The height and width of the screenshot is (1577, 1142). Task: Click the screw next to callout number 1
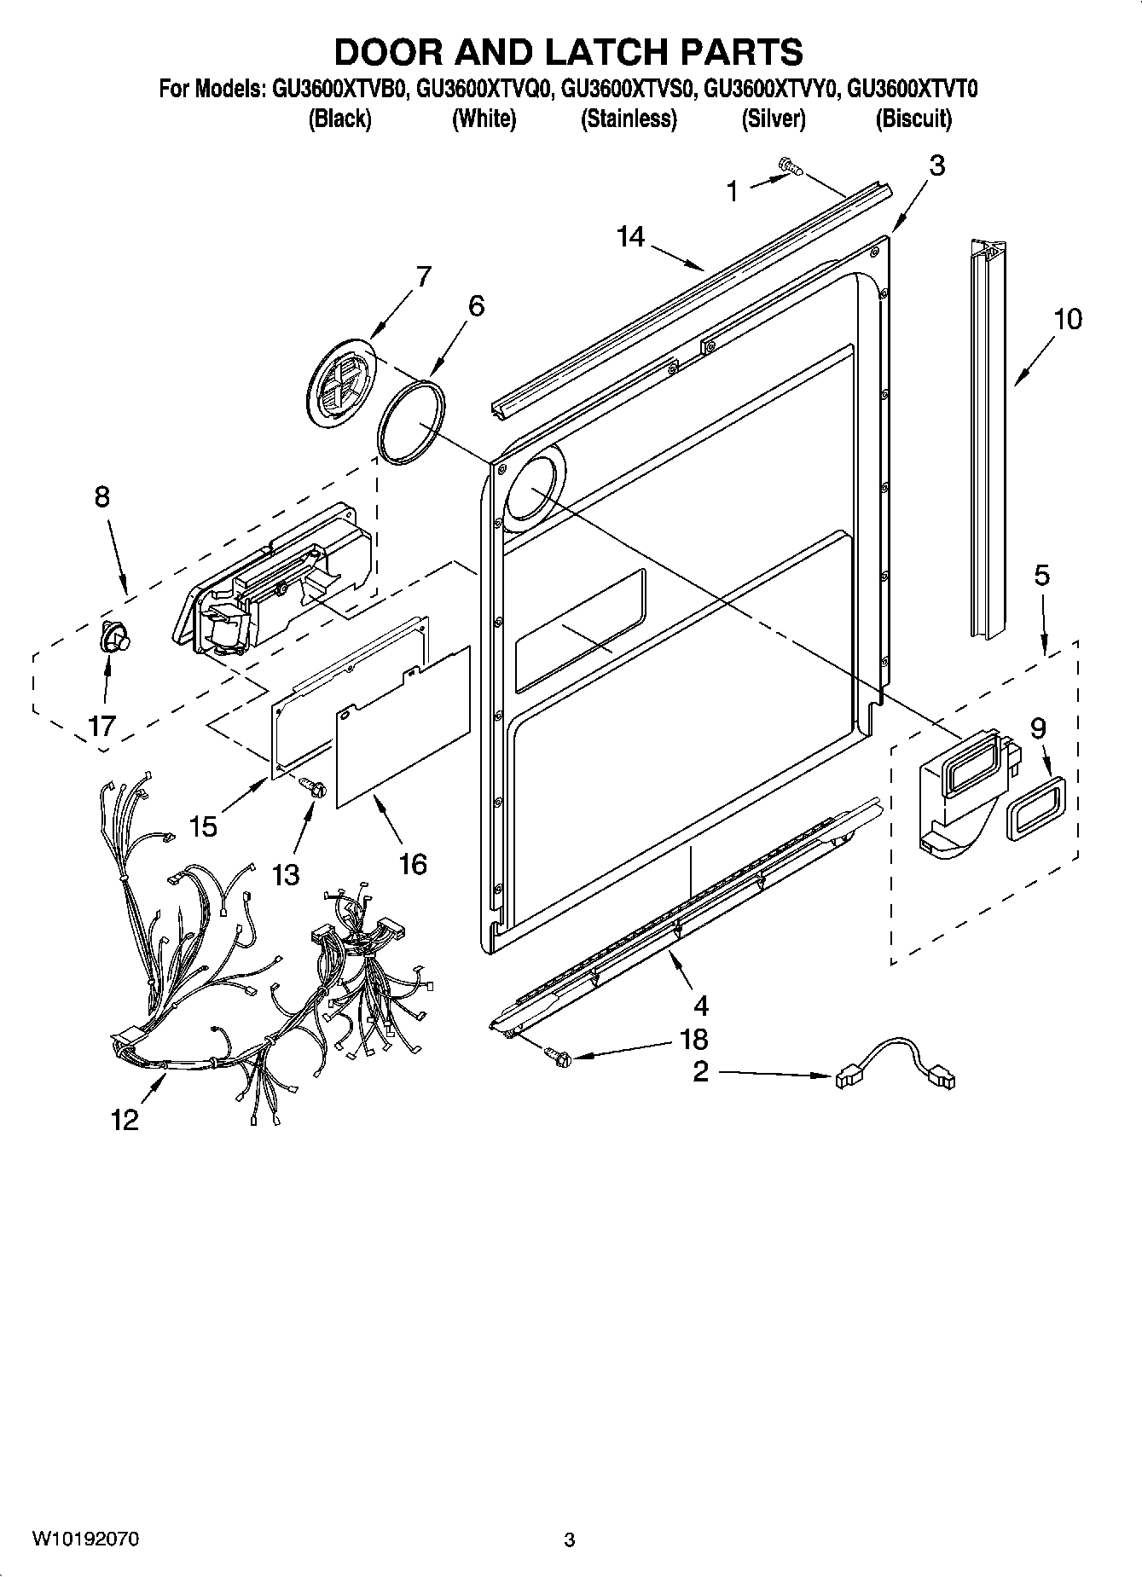[x=790, y=168]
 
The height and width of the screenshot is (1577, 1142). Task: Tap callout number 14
[x=630, y=236]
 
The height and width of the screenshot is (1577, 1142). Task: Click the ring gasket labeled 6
[x=411, y=423]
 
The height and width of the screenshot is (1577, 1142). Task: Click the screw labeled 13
[x=314, y=788]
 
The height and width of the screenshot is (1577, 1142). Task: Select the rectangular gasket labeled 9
[x=1036, y=808]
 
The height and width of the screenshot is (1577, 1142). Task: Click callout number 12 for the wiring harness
[x=125, y=1120]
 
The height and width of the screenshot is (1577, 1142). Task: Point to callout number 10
[x=1067, y=319]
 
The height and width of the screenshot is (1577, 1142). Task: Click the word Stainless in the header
[x=629, y=119]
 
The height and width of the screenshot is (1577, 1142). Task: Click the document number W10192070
[x=86, y=1539]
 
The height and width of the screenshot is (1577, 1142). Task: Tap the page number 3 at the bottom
[x=570, y=1539]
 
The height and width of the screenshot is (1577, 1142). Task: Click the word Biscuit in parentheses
[x=913, y=119]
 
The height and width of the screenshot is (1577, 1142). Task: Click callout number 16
[x=412, y=864]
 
